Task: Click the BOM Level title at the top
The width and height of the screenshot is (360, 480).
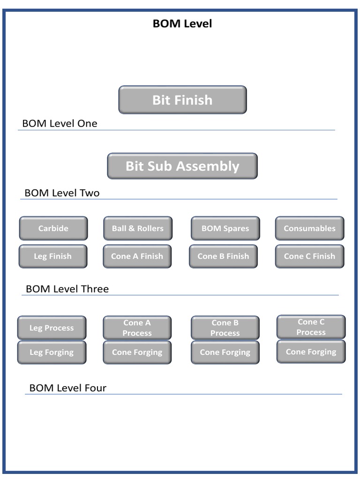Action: coord(182,23)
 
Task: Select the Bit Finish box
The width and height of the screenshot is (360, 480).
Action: coord(182,100)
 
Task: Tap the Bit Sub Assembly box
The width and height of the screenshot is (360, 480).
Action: coord(182,166)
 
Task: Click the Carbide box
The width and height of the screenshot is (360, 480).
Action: coord(53,228)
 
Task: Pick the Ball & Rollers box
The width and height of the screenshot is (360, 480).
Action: coord(138,228)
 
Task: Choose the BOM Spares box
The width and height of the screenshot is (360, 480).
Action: coord(225,228)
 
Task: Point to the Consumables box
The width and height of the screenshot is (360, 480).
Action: coord(309,228)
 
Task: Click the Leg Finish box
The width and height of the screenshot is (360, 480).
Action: coord(53,256)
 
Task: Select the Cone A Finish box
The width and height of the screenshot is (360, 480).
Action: coord(137,256)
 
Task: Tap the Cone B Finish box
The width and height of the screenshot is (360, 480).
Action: coord(223,256)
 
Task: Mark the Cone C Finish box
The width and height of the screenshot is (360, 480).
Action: coord(309,256)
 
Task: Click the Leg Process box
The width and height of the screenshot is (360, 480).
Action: coord(52,328)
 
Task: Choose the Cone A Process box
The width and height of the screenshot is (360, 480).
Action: coord(137,328)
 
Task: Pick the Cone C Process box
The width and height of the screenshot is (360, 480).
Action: coord(311,327)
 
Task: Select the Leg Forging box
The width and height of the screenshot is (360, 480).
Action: coord(52,352)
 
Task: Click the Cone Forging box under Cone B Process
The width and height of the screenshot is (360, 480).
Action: coord(225,352)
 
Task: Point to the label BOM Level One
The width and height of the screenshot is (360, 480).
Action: coord(60,124)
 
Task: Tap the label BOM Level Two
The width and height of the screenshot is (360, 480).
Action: coord(62,193)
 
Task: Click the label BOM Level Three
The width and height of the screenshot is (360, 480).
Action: coord(67,289)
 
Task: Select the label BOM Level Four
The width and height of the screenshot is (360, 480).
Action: coord(68,388)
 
